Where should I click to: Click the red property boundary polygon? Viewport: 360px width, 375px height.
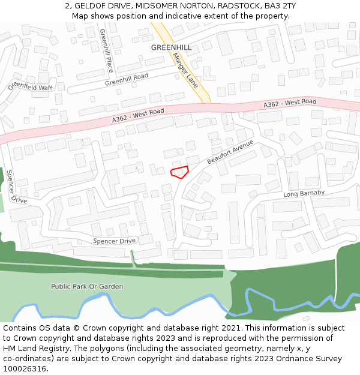179,172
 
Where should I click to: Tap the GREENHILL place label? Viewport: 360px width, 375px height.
171,47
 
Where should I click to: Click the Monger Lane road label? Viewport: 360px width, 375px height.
185,70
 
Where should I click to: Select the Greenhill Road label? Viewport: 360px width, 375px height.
126,80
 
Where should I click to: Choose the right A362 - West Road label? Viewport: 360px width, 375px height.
290,104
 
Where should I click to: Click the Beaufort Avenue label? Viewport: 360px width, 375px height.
230,153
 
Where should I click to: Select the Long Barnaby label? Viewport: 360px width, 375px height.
304,194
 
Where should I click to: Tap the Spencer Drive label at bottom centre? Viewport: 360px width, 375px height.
115,241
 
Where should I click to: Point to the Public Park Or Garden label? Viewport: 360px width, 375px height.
87,287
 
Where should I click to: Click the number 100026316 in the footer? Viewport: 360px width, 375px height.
24,369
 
